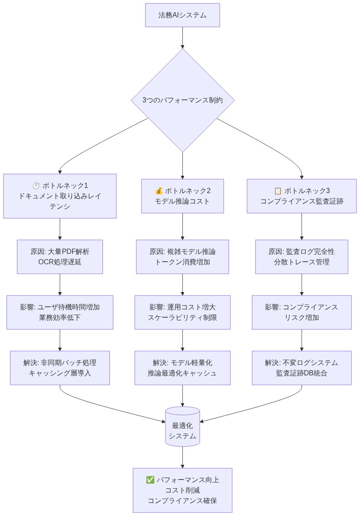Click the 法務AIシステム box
[182, 15]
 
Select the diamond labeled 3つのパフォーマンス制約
[182, 100]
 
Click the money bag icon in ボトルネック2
[159, 191]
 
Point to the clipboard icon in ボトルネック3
[278, 191]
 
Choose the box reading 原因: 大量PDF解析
[60, 256]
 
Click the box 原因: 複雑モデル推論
[182, 256]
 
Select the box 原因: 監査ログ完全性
[301, 256]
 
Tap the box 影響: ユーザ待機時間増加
[60, 312]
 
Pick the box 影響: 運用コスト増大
[182, 312]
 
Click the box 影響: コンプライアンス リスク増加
[301, 312]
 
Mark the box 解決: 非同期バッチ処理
[60, 368]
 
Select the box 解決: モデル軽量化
[182, 368]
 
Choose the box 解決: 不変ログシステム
[301, 368]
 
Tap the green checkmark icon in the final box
[150, 480]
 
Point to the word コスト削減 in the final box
[182, 490]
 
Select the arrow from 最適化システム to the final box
[182, 457]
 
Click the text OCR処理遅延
[60, 262]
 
